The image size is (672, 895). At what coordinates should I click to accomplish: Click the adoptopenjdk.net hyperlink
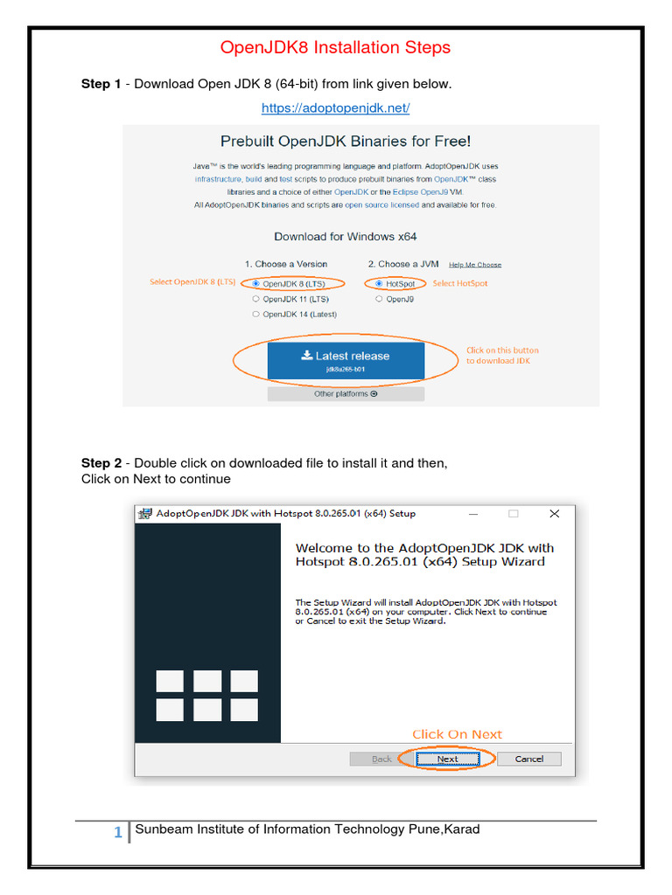(335, 108)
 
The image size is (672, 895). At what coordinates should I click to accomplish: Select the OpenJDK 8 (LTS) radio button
(255, 283)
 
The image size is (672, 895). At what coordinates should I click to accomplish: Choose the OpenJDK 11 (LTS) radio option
(255, 299)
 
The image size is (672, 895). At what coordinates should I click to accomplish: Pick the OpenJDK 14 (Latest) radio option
(255, 314)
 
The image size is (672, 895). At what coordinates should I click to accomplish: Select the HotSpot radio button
(379, 283)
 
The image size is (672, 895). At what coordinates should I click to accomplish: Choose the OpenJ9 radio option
(379, 299)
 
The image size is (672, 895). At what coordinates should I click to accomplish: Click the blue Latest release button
(346, 360)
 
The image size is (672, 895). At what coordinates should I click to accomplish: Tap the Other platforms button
(346, 394)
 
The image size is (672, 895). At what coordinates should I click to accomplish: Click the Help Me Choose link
(475, 265)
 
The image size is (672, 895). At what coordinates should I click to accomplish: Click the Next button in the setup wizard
(447, 759)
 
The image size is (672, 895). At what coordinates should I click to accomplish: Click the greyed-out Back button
(381, 759)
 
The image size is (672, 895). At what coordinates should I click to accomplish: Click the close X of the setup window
(554, 514)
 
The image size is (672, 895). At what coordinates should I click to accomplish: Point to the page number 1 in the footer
(118, 833)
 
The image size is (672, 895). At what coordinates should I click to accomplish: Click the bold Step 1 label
(101, 84)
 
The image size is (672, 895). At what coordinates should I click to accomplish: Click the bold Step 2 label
(101, 463)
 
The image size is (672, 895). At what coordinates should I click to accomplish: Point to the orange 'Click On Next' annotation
(457, 734)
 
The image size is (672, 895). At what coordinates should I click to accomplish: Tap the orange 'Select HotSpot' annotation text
(460, 283)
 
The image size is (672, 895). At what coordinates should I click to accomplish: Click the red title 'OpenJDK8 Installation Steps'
(335, 47)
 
